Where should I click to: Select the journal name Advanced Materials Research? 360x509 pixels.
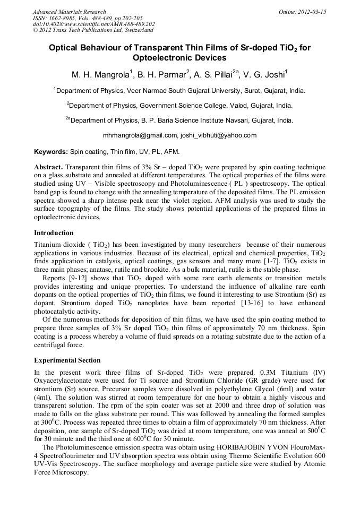click(69, 12)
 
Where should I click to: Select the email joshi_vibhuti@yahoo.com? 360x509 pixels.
click(218, 135)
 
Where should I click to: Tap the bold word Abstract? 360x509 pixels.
click(49, 167)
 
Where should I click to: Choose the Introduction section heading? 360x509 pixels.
click(54, 232)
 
